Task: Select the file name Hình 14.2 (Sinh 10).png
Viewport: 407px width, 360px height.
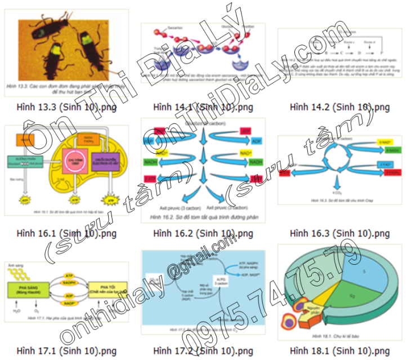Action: coord(339,106)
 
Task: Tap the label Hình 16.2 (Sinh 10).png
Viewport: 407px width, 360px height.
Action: coord(203,233)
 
